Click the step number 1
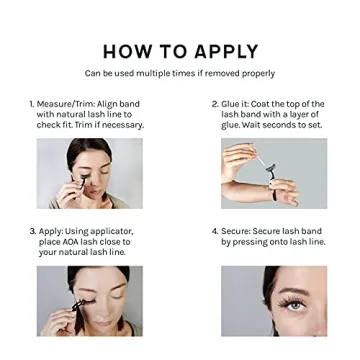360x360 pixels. pos(32,104)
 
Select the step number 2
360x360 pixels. pos(214,104)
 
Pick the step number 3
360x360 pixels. pos(32,231)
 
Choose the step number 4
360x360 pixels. pos(214,231)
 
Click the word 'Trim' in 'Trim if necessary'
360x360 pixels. pos(86,125)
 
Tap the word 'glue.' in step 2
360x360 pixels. pos(231,125)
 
